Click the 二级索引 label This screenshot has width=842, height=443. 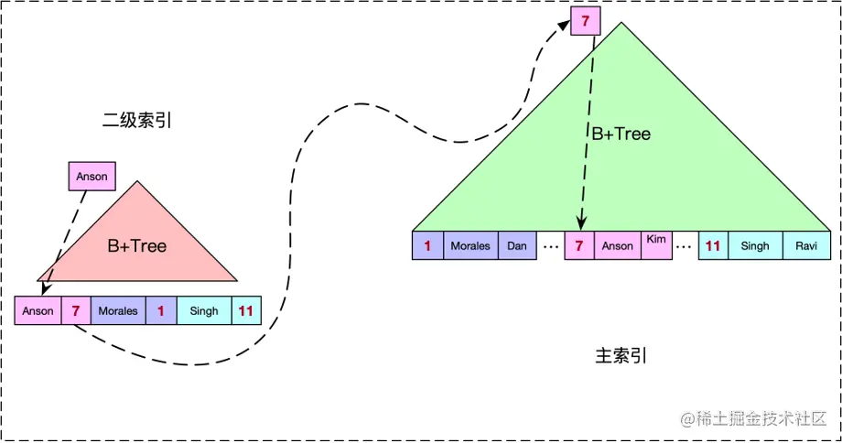coord(137,121)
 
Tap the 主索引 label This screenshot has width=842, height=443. coord(621,355)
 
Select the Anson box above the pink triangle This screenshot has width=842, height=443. coord(92,176)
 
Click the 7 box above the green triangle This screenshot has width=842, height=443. coord(585,19)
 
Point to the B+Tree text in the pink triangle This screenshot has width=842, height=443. coord(137,245)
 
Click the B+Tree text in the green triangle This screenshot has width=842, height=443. coord(620,134)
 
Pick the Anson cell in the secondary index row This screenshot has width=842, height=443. coord(38,310)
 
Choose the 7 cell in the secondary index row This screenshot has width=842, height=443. coord(75,310)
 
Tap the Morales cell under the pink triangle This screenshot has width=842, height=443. coord(118,310)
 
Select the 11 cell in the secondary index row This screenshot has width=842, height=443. coord(246,310)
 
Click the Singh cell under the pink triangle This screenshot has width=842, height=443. coord(204,310)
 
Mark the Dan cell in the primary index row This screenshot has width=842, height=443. coord(517,245)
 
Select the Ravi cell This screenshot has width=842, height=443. coord(806,245)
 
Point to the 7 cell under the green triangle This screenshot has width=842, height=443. coord(579,245)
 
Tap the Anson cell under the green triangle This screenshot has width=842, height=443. coord(617,245)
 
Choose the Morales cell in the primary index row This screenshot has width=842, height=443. coord(470,245)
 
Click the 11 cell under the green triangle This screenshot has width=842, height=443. coord(713,245)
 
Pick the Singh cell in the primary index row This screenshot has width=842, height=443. coord(755,245)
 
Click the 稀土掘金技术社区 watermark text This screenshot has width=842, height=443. coord(760,418)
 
